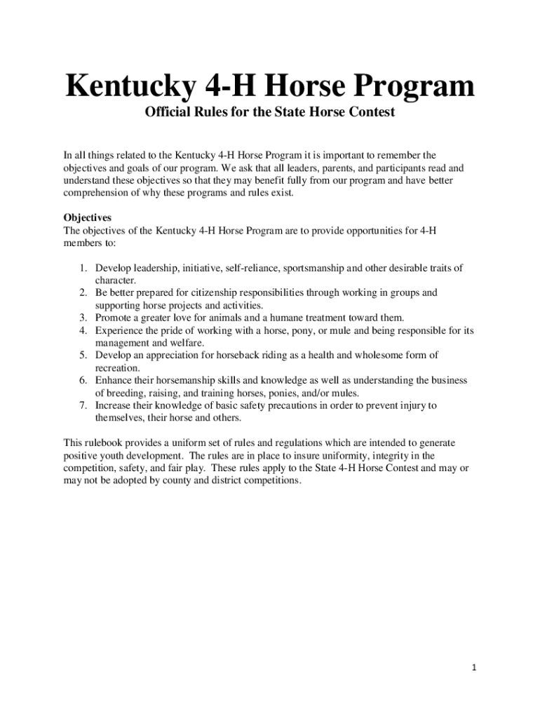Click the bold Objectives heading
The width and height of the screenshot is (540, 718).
point(88,217)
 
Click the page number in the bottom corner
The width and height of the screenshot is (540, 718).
point(474,667)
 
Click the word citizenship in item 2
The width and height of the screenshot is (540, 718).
point(220,292)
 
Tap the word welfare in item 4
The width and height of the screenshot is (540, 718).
point(183,343)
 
